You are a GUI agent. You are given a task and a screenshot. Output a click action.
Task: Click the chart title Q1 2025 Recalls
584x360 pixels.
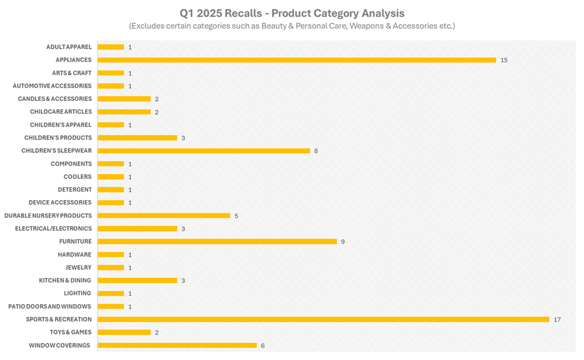[x=291, y=13]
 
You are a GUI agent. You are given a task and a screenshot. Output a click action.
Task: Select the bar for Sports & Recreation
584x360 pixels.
[x=323, y=319]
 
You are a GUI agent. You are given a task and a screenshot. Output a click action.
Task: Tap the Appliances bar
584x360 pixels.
[x=296, y=60]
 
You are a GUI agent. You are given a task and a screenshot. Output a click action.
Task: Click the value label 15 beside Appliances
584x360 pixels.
[x=503, y=60]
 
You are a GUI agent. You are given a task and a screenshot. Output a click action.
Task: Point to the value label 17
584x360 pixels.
[x=557, y=319]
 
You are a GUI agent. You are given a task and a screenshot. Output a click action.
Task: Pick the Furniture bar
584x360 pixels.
[x=217, y=241]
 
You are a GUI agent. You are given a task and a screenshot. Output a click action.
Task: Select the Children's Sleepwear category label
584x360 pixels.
[x=56, y=150]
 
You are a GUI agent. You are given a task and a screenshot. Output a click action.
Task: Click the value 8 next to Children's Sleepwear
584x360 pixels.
[x=315, y=151]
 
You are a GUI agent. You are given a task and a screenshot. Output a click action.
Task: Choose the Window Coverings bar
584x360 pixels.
[x=177, y=345]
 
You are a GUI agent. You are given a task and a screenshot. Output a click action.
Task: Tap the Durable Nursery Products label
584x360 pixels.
[x=48, y=215]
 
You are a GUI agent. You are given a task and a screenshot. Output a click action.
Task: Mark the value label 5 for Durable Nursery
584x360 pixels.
[x=236, y=216]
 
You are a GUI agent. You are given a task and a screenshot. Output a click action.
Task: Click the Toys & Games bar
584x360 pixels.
[x=124, y=332]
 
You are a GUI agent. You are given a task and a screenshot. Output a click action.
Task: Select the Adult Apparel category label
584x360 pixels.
[x=69, y=47]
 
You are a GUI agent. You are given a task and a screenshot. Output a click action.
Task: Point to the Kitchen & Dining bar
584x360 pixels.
[x=137, y=280]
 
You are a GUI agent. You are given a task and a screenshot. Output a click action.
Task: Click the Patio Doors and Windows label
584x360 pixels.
[x=50, y=306]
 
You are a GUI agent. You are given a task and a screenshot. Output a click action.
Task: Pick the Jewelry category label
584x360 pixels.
[x=78, y=267]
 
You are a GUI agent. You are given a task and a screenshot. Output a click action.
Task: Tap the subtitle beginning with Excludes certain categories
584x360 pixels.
[x=291, y=26]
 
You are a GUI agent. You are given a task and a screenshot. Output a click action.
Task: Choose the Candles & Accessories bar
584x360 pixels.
[x=124, y=99]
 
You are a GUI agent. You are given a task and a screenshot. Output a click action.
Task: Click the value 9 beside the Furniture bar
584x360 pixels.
[x=342, y=242]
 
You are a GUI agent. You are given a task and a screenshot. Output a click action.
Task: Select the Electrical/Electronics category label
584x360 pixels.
[x=53, y=229]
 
